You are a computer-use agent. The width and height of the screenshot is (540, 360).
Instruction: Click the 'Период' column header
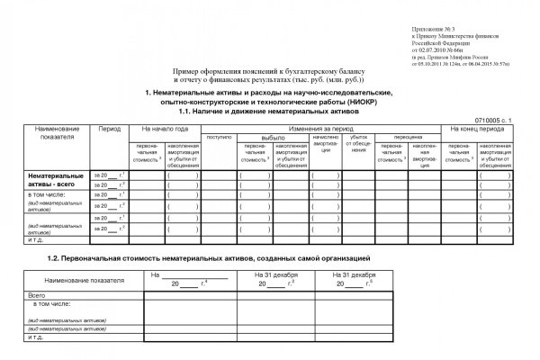click(110, 130)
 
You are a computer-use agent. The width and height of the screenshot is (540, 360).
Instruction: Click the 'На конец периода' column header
click(479, 130)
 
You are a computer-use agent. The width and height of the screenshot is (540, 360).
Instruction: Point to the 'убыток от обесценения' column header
click(360, 146)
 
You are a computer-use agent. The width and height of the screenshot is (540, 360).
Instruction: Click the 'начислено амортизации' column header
click(325, 146)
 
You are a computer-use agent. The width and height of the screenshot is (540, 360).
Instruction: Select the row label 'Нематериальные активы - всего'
click(55, 180)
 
